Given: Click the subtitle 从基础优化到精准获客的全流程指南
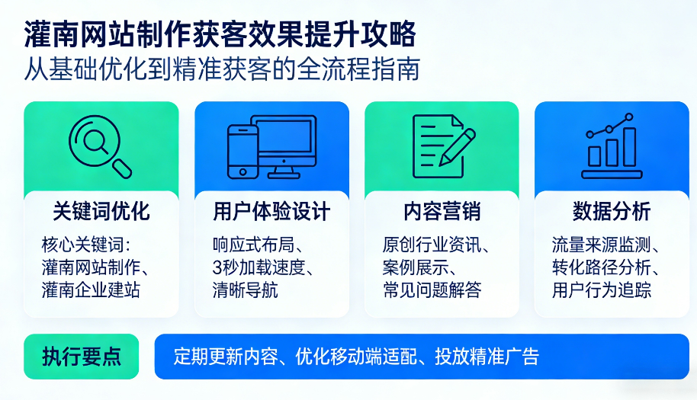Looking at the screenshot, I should pos(222,69).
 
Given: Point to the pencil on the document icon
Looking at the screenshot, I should pos(458,146).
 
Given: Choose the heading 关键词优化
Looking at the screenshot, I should pos(101,211).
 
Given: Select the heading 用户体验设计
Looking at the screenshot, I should pos(271,211).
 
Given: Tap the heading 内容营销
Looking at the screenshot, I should pos(442,211).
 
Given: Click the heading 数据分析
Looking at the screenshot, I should pos(611,211).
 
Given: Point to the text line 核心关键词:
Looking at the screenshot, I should pos(86,246).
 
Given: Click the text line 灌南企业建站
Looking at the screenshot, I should pos(91,290).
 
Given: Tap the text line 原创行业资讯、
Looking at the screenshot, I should pos(435,246).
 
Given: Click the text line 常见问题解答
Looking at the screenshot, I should pos(432,290).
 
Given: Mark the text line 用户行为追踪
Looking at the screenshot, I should pos(602,290).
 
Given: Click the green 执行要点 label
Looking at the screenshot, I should pos(81,356).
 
